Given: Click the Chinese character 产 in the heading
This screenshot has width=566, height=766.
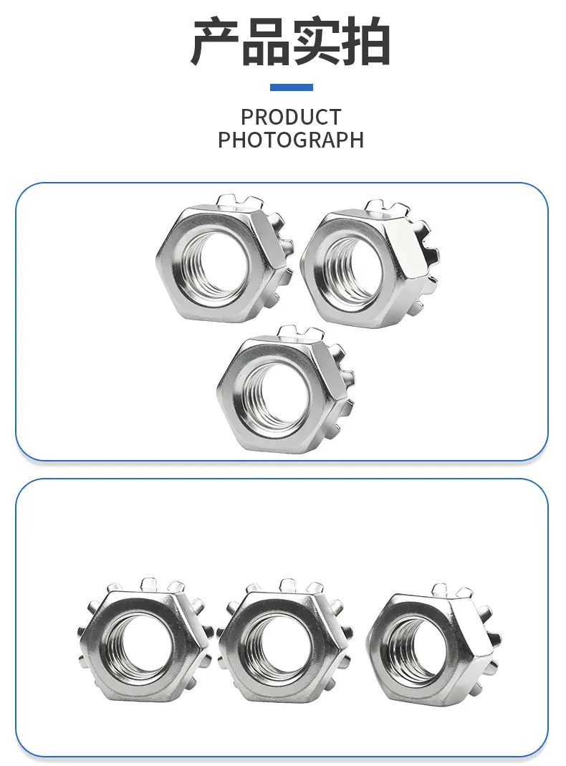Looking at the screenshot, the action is point(216,42).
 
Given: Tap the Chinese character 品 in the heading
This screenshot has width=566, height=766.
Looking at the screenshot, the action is point(266,42).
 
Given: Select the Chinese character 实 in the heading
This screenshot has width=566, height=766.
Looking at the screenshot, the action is point(316,42).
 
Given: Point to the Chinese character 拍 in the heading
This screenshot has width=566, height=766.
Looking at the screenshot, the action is point(366,42).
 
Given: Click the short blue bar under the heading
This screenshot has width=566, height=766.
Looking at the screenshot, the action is point(292,87).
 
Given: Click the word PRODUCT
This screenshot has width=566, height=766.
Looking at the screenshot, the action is point(291,118).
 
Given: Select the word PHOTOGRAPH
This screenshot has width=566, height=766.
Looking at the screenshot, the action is point(291,140).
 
